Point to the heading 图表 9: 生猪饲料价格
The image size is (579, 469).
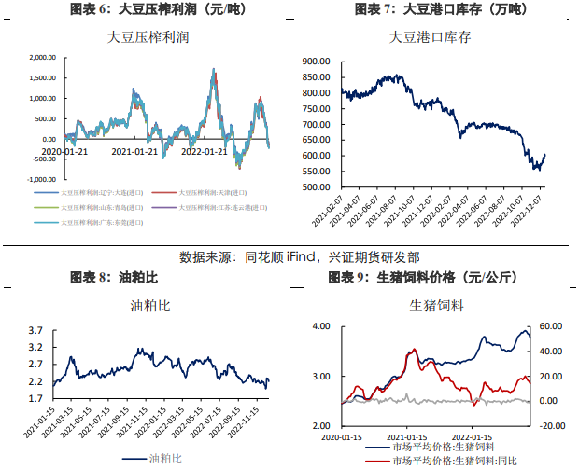tap(423, 277)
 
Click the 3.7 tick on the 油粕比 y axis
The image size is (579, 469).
tap(35, 331)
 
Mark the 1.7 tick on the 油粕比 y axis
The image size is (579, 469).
tap(35, 399)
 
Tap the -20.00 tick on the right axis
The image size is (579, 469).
tap(550, 425)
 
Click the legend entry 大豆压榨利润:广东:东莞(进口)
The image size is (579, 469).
tap(103, 223)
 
